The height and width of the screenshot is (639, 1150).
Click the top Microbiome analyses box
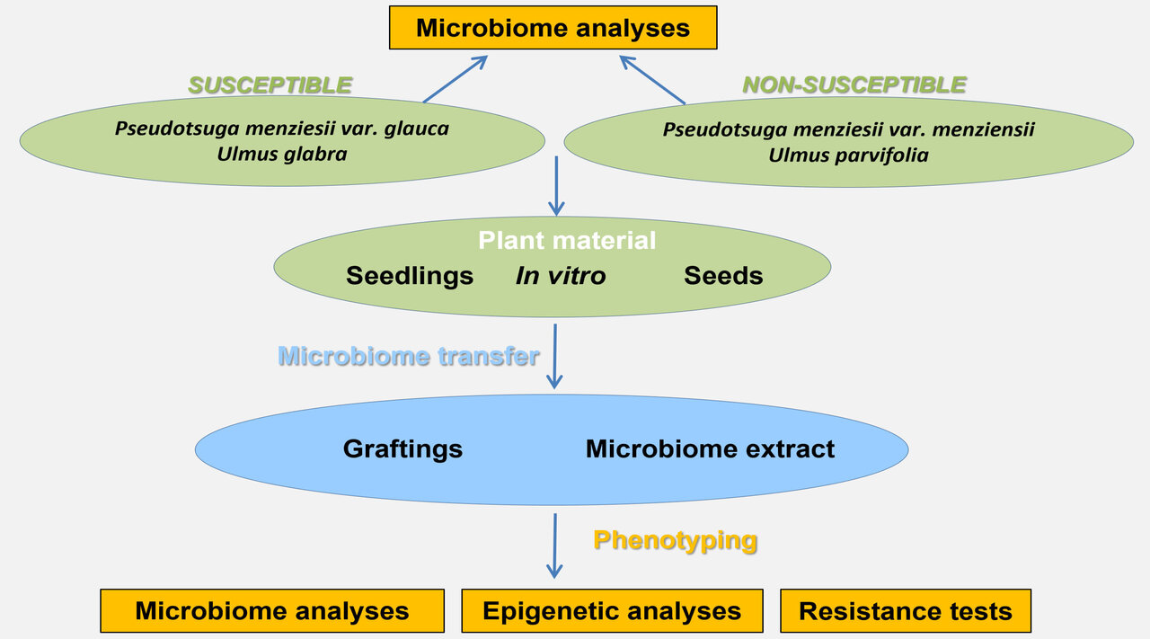553,28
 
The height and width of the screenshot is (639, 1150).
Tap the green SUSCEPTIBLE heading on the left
270,85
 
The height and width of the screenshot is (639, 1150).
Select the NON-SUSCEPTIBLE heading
854,85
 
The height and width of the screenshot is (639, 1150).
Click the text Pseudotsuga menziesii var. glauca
281,129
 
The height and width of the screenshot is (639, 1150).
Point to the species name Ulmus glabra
281,154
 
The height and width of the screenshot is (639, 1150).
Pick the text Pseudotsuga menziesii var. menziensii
848,129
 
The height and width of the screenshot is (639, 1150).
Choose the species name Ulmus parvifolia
848,155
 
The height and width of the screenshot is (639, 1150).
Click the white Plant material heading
566,241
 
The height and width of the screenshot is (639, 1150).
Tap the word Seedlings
410,276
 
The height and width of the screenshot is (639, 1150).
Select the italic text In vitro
561,276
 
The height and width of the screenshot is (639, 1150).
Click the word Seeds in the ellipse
723,276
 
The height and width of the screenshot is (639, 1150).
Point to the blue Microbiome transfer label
409,356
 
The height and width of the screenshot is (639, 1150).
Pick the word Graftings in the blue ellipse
402,448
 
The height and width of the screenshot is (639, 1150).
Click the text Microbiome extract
710,448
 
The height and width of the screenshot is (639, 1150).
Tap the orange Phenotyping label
675,540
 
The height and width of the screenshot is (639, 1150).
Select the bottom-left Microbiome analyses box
272,611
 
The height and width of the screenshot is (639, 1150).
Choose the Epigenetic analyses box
612,611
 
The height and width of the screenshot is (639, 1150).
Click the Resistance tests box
905,611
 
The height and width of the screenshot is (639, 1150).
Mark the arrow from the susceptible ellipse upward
455,79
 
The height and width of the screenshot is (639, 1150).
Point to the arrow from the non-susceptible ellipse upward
652,80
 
